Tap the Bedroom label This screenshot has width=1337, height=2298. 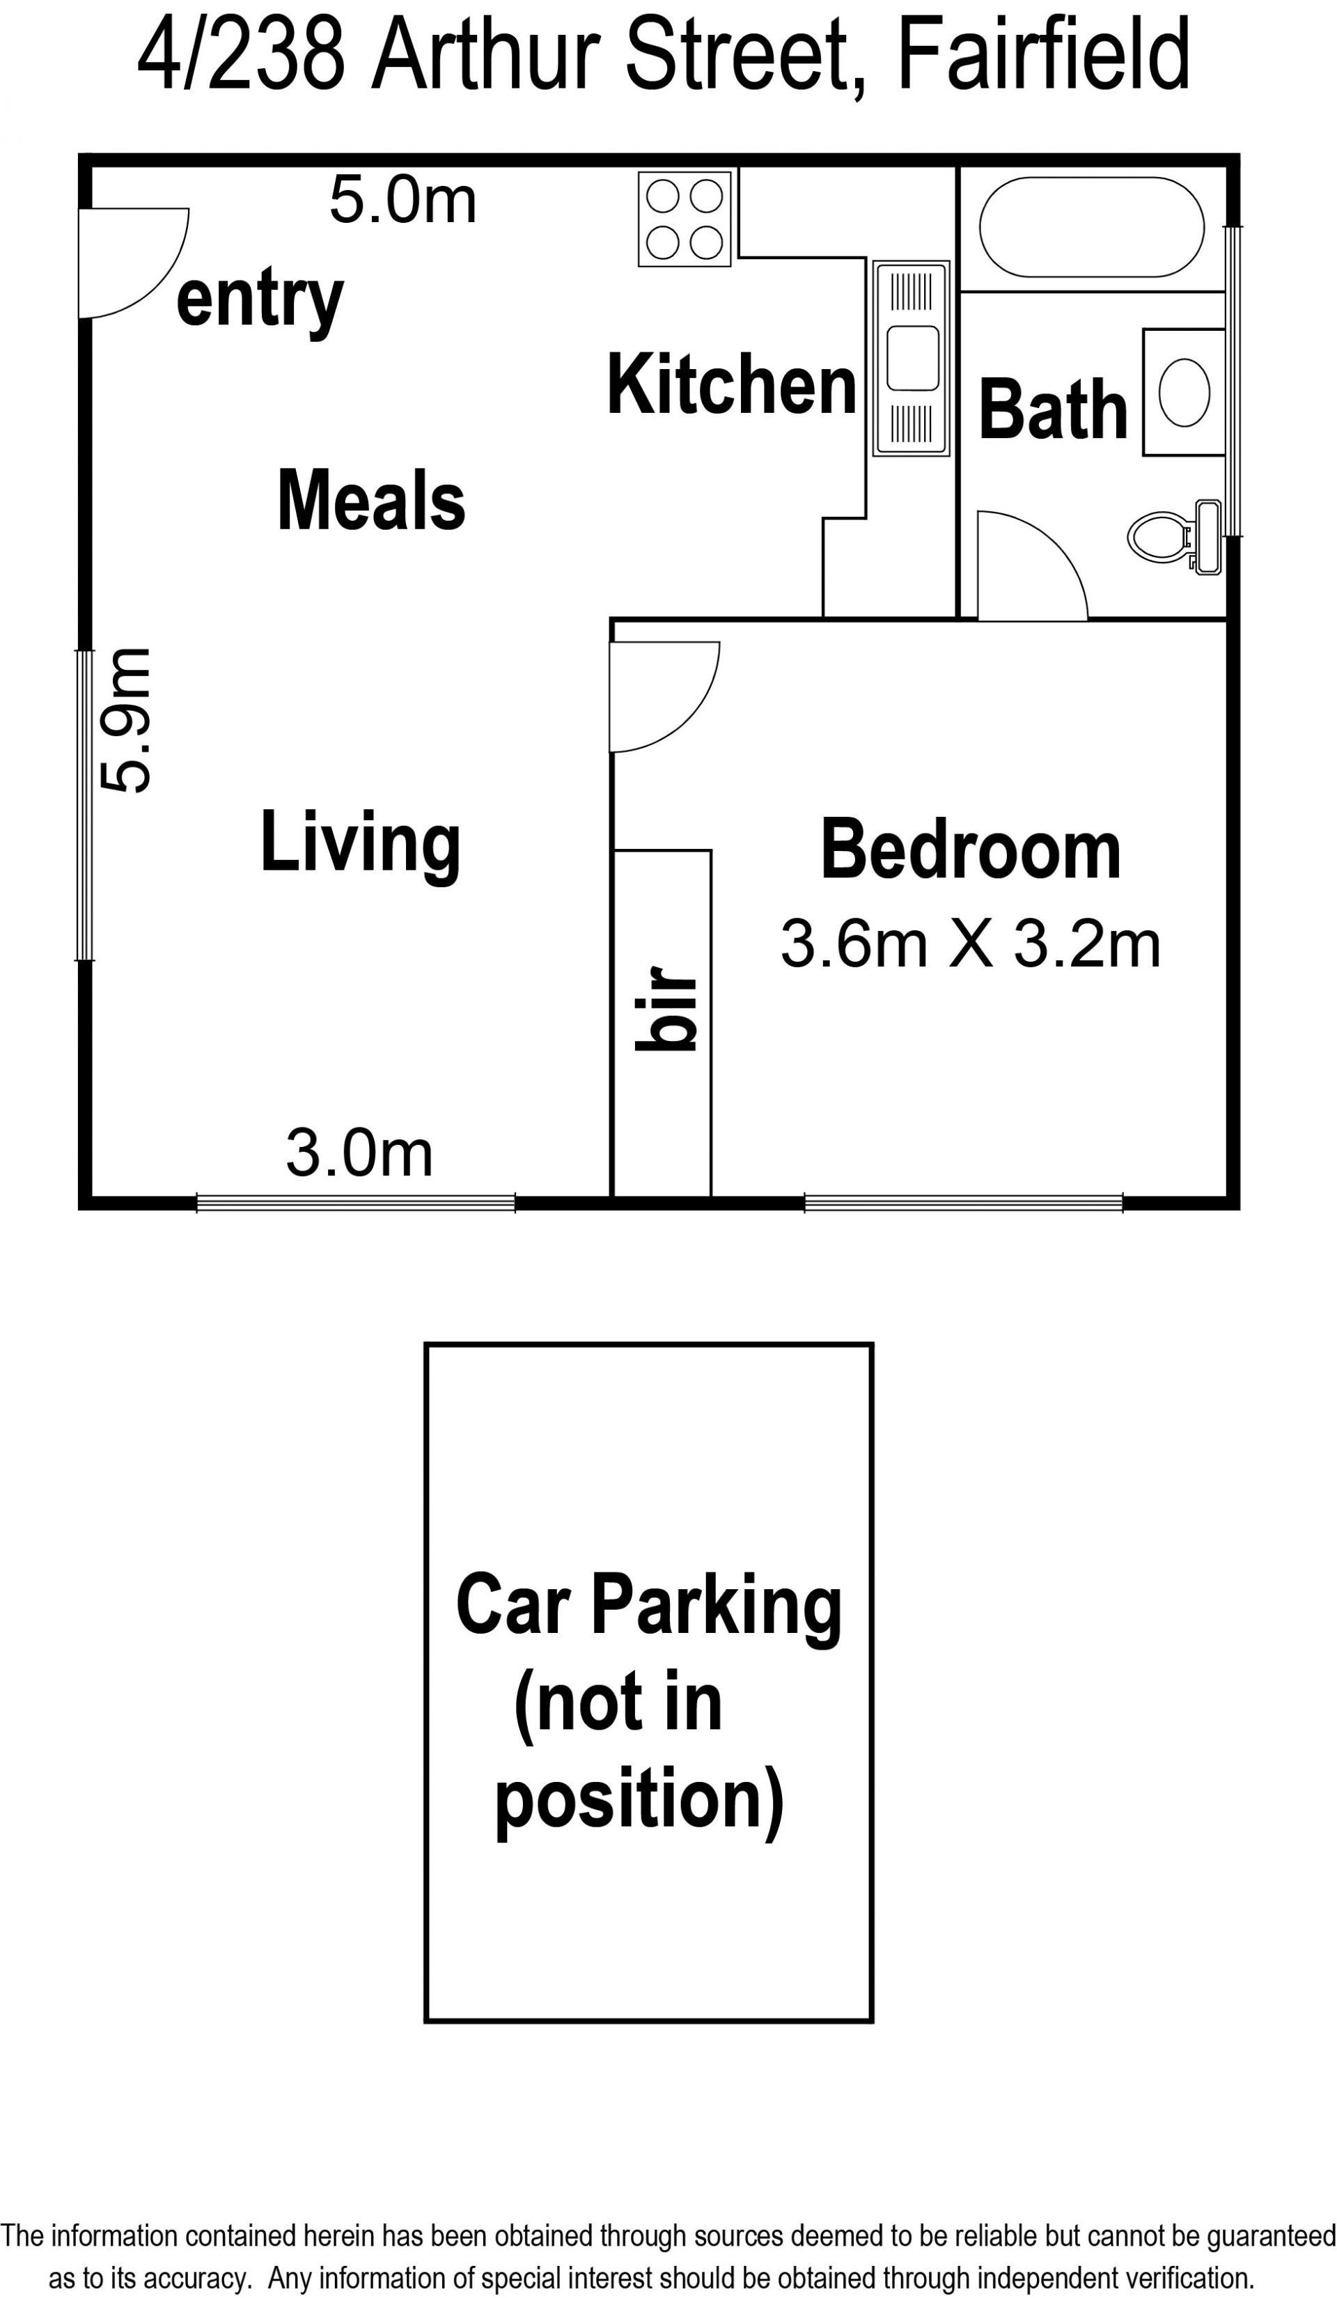coord(971,850)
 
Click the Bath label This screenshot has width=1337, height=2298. coord(1054,409)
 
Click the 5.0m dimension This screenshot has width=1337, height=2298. coord(403,200)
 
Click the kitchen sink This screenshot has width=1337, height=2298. coord(911,359)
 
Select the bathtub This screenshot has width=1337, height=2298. coord(1092,227)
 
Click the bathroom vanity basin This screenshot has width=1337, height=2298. coord(1184,392)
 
